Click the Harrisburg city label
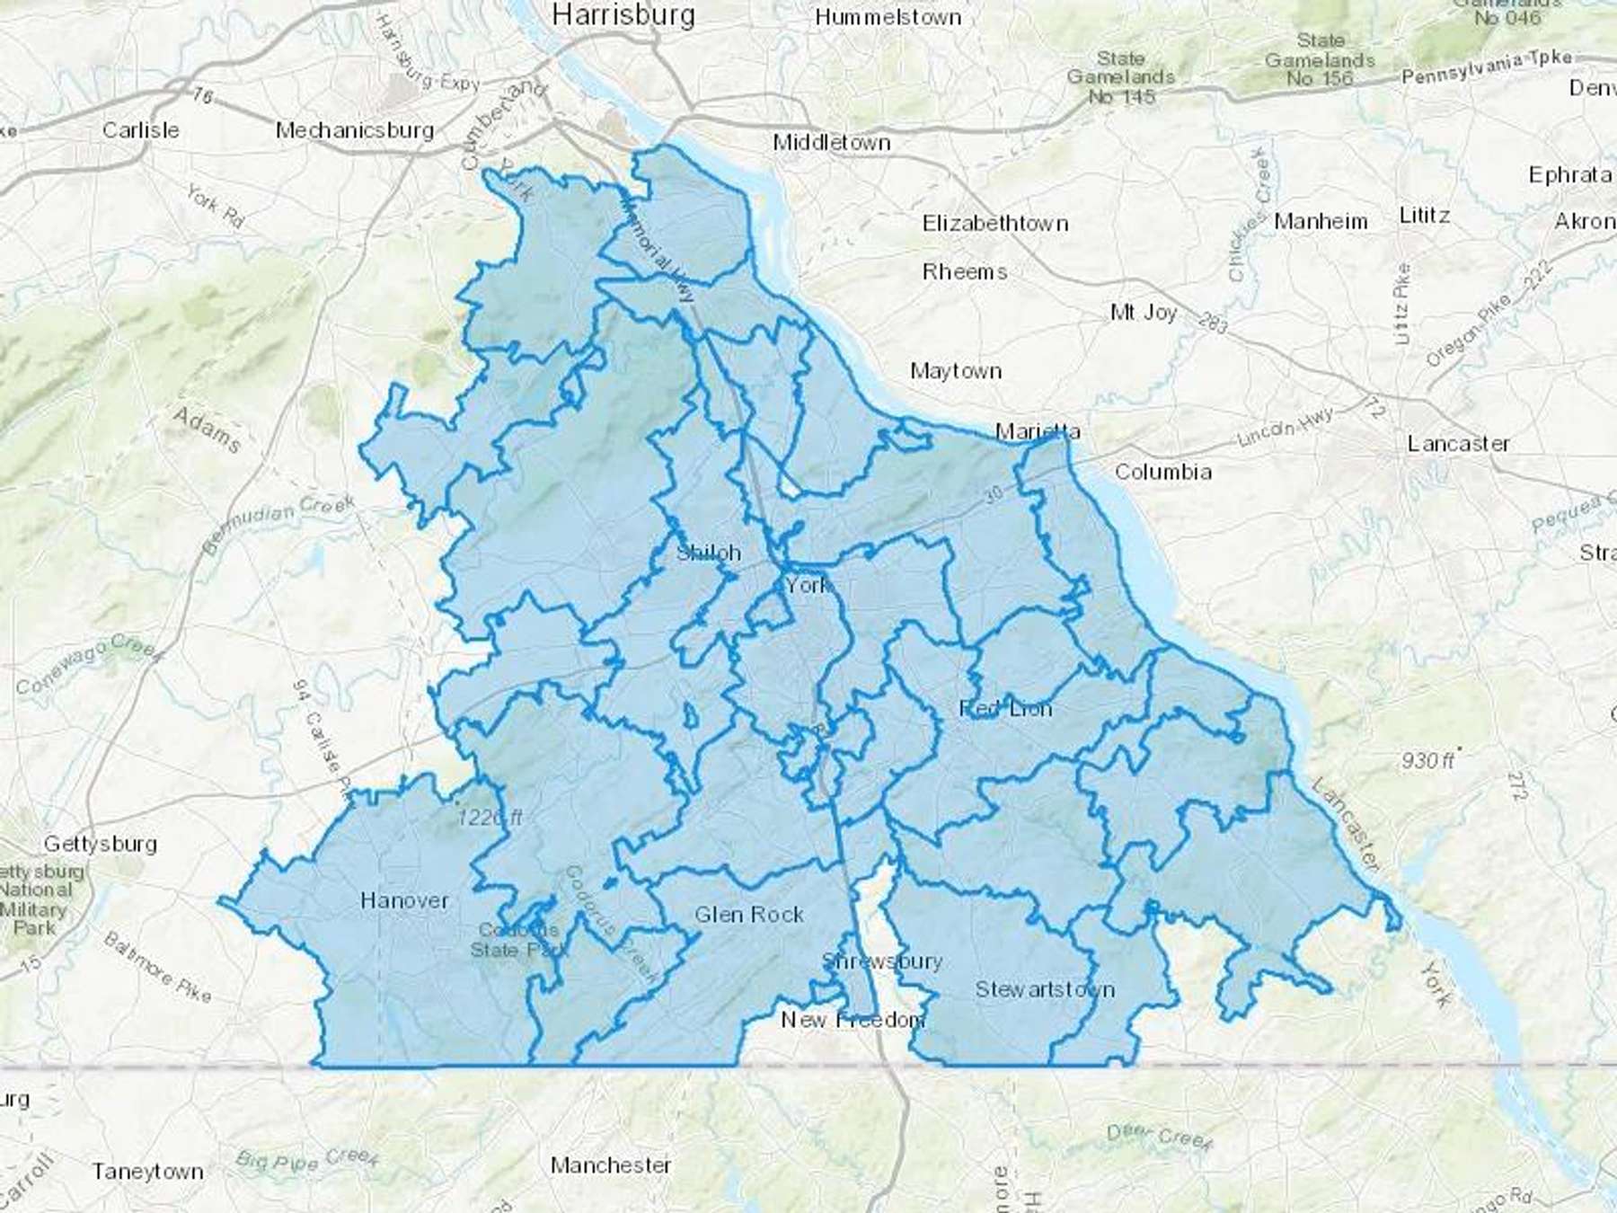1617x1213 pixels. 623,14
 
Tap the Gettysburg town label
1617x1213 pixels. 101,844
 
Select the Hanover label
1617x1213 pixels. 404,900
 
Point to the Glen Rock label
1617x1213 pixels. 749,915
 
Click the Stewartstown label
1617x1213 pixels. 1045,989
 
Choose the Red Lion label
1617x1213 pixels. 1005,709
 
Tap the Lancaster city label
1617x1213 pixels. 1458,443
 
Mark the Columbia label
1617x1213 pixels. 1163,472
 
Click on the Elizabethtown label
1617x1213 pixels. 995,223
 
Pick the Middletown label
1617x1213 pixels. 832,142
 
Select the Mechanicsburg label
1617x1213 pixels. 355,130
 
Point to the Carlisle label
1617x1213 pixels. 140,130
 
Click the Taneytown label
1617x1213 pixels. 147,1172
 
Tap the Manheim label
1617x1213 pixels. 1321,221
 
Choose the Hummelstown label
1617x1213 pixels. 888,17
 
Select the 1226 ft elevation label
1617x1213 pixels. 490,818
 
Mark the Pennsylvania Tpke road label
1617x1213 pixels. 1487,66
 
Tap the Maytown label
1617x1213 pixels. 956,371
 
